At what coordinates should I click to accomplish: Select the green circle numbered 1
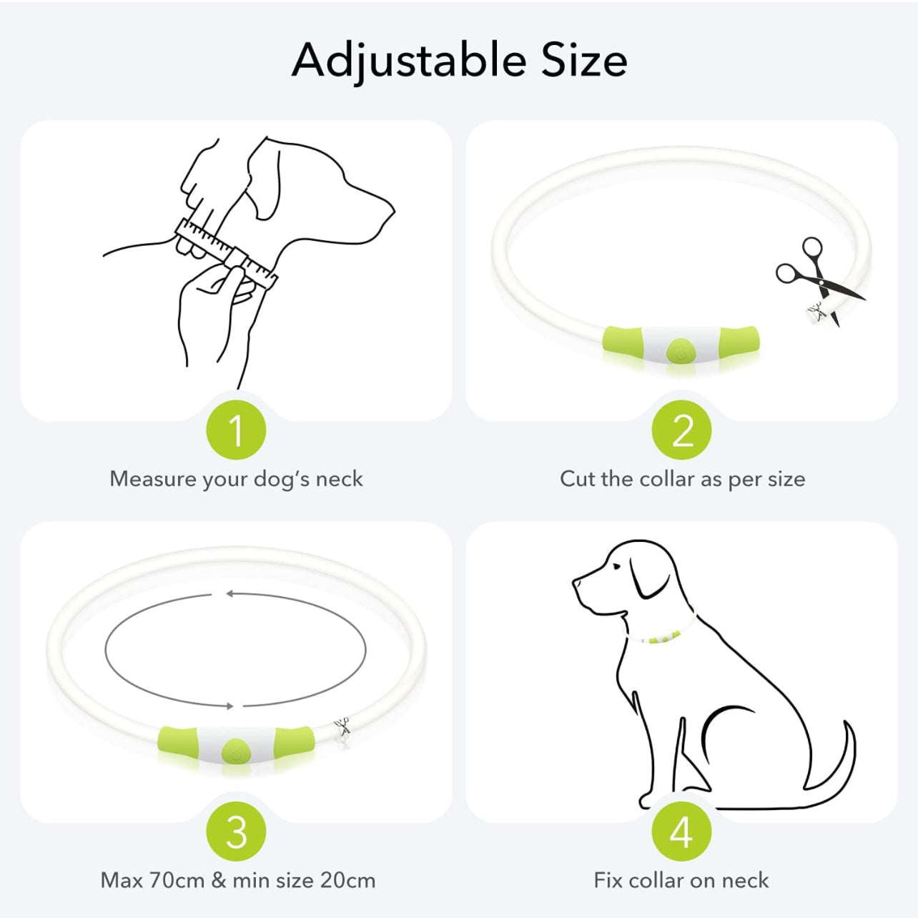[236, 430]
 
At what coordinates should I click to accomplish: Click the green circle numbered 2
[681, 430]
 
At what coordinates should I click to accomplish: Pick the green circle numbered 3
[236, 831]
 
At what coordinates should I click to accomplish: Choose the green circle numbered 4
[681, 831]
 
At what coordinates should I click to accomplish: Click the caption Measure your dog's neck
[236, 479]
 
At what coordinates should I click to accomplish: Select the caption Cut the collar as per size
[682, 479]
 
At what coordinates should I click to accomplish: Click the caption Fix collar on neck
[681, 880]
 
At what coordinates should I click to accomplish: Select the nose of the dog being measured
[391, 209]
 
